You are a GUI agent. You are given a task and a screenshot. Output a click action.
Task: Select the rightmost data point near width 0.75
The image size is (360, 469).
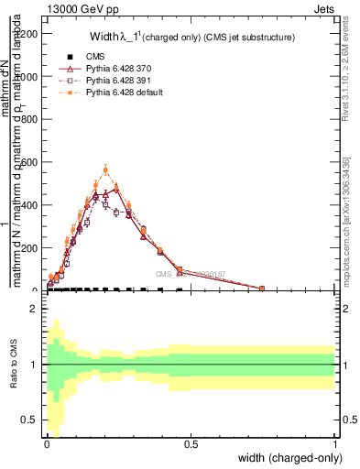pos(262,289)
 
